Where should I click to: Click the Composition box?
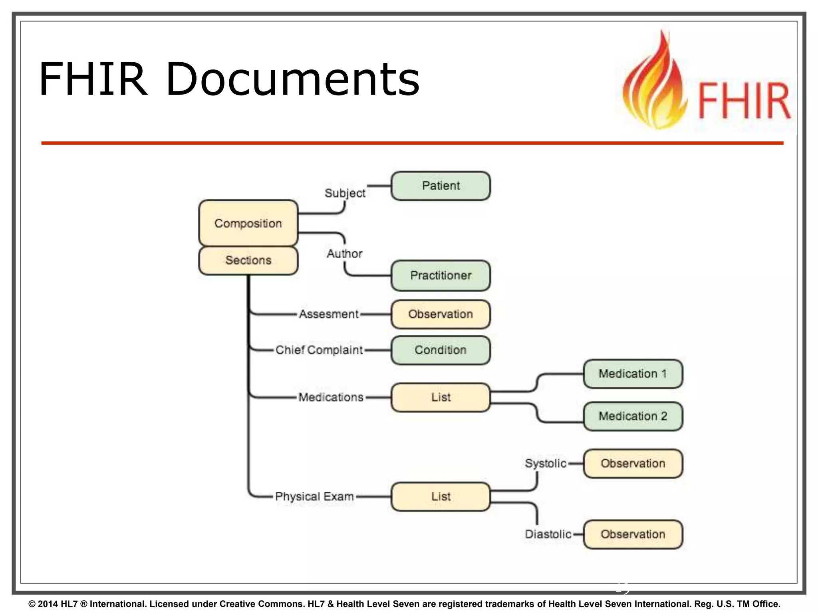pyautogui.click(x=248, y=223)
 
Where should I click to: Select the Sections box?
pyautogui.click(x=248, y=260)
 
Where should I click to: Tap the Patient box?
pyautogui.click(x=441, y=186)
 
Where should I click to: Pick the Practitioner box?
pyautogui.click(x=441, y=275)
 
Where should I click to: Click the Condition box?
pyautogui.click(x=441, y=350)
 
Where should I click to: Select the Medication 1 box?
pyautogui.click(x=633, y=374)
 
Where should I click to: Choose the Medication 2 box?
pyautogui.click(x=633, y=416)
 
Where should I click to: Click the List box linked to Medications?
pyautogui.click(x=441, y=397)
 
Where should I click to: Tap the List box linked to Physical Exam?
pyautogui.click(x=441, y=496)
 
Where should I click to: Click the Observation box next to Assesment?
pyautogui.click(x=441, y=314)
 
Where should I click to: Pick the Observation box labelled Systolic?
pyautogui.click(x=633, y=463)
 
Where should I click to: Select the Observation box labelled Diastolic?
pyautogui.click(x=633, y=534)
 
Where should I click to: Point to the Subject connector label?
pyautogui.click(x=345, y=193)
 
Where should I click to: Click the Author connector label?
pyautogui.click(x=344, y=253)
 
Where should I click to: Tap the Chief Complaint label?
pyautogui.click(x=319, y=350)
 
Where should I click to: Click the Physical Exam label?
pyautogui.click(x=314, y=496)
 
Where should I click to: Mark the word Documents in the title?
pyautogui.click(x=292, y=79)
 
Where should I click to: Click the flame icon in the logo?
pyautogui.click(x=655, y=84)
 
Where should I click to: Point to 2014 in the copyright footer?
pyautogui.click(x=48, y=604)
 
